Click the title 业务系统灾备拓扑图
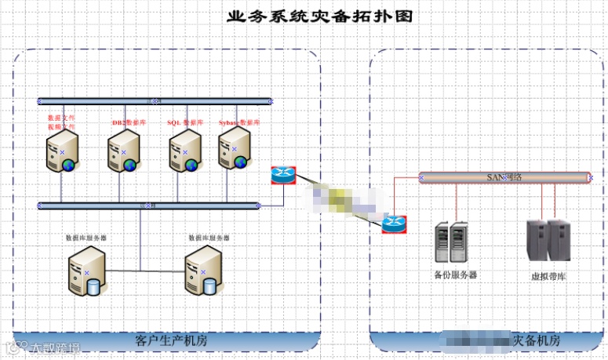pyautogui.click(x=319, y=16)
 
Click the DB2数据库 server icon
pyautogui.click(x=122, y=150)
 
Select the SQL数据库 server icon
pyautogui.click(x=184, y=150)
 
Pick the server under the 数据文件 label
pyautogui.click(x=62, y=150)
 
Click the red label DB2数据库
pyautogui.click(x=129, y=123)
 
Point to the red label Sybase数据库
pyautogui.click(x=238, y=123)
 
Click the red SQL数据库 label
pyautogui.click(x=185, y=123)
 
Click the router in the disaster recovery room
pyautogui.click(x=395, y=225)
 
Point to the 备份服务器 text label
pyautogui.click(x=455, y=275)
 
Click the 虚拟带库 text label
pyautogui.click(x=548, y=277)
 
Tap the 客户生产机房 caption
pyautogui.click(x=167, y=341)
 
